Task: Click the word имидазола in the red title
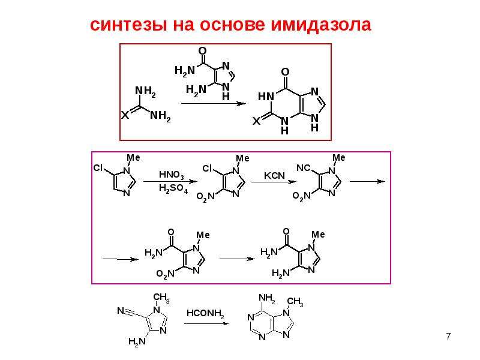click(x=321, y=25)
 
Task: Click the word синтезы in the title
click(x=128, y=25)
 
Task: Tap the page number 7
click(x=448, y=337)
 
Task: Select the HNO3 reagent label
click(x=172, y=175)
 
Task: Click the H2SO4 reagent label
click(x=173, y=188)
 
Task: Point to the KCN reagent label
click(x=274, y=176)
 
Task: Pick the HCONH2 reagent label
click(x=205, y=313)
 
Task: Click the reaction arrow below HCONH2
click(x=206, y=323)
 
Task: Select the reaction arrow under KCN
click(x=274, y=182)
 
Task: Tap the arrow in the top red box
click(x=214, y=103)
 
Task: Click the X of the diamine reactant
click(x=125, y=115)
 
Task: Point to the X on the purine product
click(x=257, y=121)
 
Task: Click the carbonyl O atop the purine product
click(x=285, y=72)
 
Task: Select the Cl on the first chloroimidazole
click(x=98, y=168)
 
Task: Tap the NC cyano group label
click(x=304, y=168)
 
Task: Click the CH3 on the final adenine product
click(x=295, y=302)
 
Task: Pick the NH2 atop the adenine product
click(x=266, y=298)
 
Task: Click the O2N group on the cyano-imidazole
click(x=301, y=196)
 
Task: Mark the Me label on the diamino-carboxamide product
click(x=318, y=235)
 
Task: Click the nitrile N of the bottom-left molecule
click(x=121, y=311)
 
